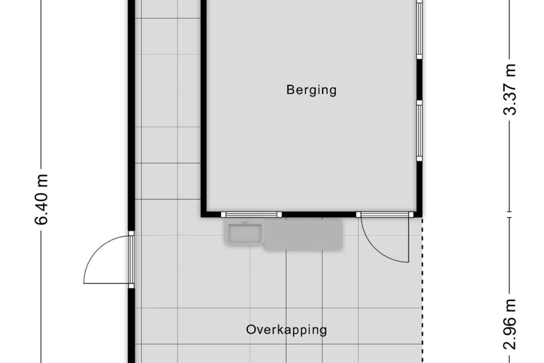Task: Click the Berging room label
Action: [x=311, y=90]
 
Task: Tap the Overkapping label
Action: [x=286, y=330]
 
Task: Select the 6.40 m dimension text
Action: [x=41, y=200]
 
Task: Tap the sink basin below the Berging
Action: [x=245, y=234]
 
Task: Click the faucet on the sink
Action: [x=245, y=224]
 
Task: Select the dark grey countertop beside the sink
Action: [x=303, y=234]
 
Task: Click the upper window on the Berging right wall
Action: [x=420, y=29]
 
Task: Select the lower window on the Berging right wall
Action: [x=420, y=130]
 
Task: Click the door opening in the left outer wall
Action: [x=131, y=259]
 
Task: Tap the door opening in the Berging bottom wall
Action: [x=385, y=214]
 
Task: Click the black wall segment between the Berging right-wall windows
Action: [x=420, y=80]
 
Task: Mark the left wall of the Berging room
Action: [x=204, y=107]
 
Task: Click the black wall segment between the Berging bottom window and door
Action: [x=319, y=214]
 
